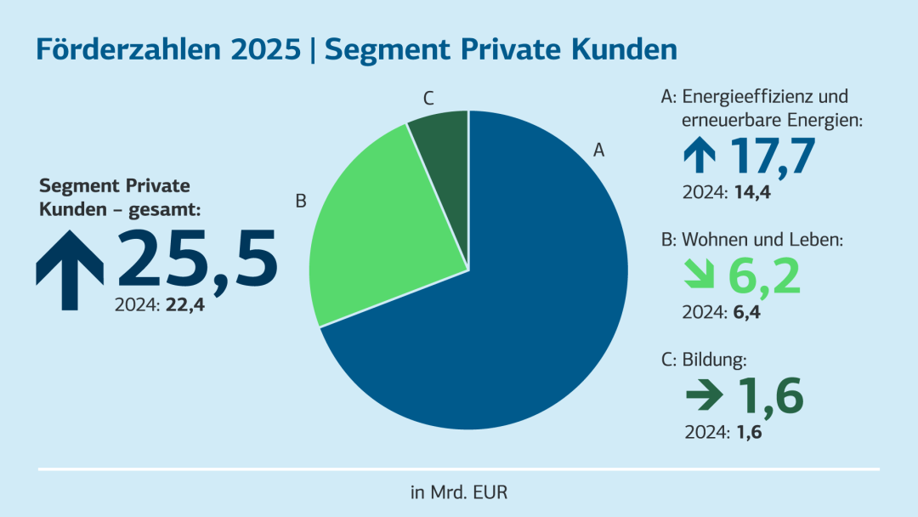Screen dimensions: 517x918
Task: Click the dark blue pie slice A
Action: pyautogui.click(x=510, y=323)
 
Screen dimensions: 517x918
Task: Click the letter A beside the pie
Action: pyautogui.click(x=598, y=151)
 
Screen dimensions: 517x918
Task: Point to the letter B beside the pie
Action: pyautogui.click(x=300, y=202)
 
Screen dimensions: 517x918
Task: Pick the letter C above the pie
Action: pyautogui.click(x=429, y=99)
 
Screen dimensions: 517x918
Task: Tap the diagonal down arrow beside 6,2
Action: pyautogui.click(x=701, y=277)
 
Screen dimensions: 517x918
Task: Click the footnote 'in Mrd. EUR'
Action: pyautogui.click(x=459, y=491)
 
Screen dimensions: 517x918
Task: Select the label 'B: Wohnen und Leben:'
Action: pyautogui.click(x=751, y=241)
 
